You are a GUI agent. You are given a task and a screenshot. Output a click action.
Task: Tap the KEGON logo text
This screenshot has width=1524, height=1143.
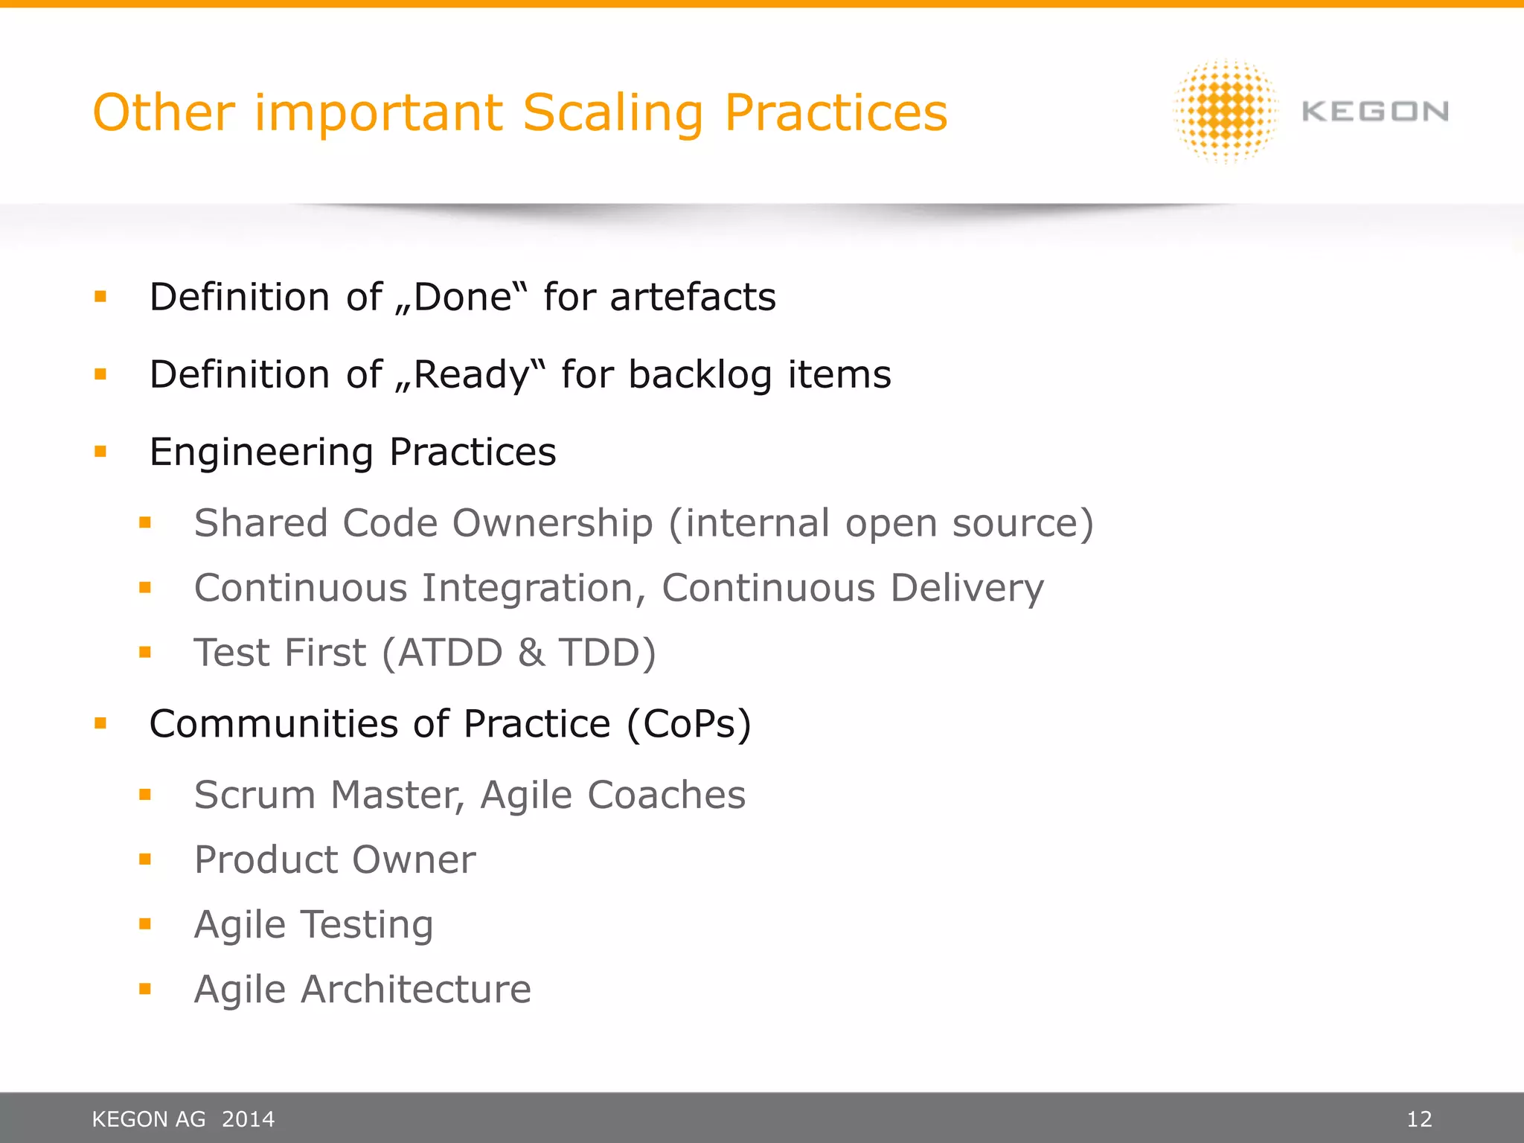tap(1374, 112)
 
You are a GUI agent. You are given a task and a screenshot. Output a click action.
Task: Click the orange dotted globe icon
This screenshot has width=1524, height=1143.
tap(1226, 111)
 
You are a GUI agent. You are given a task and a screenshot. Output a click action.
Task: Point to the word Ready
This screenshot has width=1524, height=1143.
tap(471, 374)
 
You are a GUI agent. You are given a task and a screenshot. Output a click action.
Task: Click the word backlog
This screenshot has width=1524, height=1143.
tap(699, 374)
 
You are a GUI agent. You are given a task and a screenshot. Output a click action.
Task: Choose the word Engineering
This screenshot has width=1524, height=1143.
tap(261, 452)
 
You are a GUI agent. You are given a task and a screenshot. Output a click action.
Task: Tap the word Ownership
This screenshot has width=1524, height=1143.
tap(553, 522)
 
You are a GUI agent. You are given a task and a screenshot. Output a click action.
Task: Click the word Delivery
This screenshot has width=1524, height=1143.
tap(967, 588)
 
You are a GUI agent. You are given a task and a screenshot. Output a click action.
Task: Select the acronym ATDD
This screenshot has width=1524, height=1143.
tap(450, 653)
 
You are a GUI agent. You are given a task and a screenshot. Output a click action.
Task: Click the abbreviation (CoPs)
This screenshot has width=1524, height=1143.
tap(688, 723)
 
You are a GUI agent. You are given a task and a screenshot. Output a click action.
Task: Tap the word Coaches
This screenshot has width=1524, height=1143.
tap(666, 795)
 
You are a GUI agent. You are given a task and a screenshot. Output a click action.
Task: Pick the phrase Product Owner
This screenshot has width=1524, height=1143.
tap(335, 859)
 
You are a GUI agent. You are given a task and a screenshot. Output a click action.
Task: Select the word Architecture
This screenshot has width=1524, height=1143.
tap(415, 990)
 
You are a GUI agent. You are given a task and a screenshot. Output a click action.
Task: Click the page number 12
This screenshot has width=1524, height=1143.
tap(1419, 1119)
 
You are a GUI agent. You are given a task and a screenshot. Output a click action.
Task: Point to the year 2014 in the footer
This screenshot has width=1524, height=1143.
tap(249, 1119)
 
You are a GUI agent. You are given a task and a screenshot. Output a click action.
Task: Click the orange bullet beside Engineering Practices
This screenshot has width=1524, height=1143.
tap(100, 451)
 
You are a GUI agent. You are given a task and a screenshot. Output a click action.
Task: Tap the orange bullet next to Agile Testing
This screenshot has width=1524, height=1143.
tap(145, 924)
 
